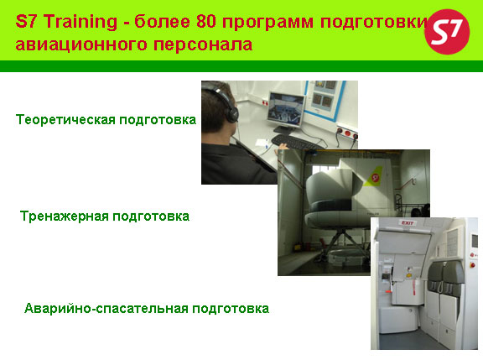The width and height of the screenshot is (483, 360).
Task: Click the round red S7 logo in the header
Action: (x=447, y=32)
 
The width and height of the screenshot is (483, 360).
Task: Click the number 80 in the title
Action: (x=205, y=22)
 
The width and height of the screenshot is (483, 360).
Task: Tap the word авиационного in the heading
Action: (x=81, y=44)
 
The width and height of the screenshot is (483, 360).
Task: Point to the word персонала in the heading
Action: (x=203, y=45)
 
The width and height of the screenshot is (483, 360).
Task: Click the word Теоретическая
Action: (x=65, y=120)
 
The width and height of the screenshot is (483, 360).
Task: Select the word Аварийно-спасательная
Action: (x=106, y=308)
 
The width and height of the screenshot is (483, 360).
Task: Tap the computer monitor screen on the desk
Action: (x=286, y=109)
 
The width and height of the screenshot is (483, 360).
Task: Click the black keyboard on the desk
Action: (x=295, y=143)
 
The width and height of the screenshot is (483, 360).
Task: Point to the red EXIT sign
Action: (x=408, y=222)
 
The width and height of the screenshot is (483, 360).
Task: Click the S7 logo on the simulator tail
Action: (x=375, y=177)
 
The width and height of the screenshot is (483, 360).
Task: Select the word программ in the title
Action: (x=267, y=22)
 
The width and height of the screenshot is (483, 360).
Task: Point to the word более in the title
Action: (x=162, y=22)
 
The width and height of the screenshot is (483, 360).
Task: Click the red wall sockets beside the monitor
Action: (x=347, y=133)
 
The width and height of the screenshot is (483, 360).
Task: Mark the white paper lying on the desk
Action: (x=262, y=143)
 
